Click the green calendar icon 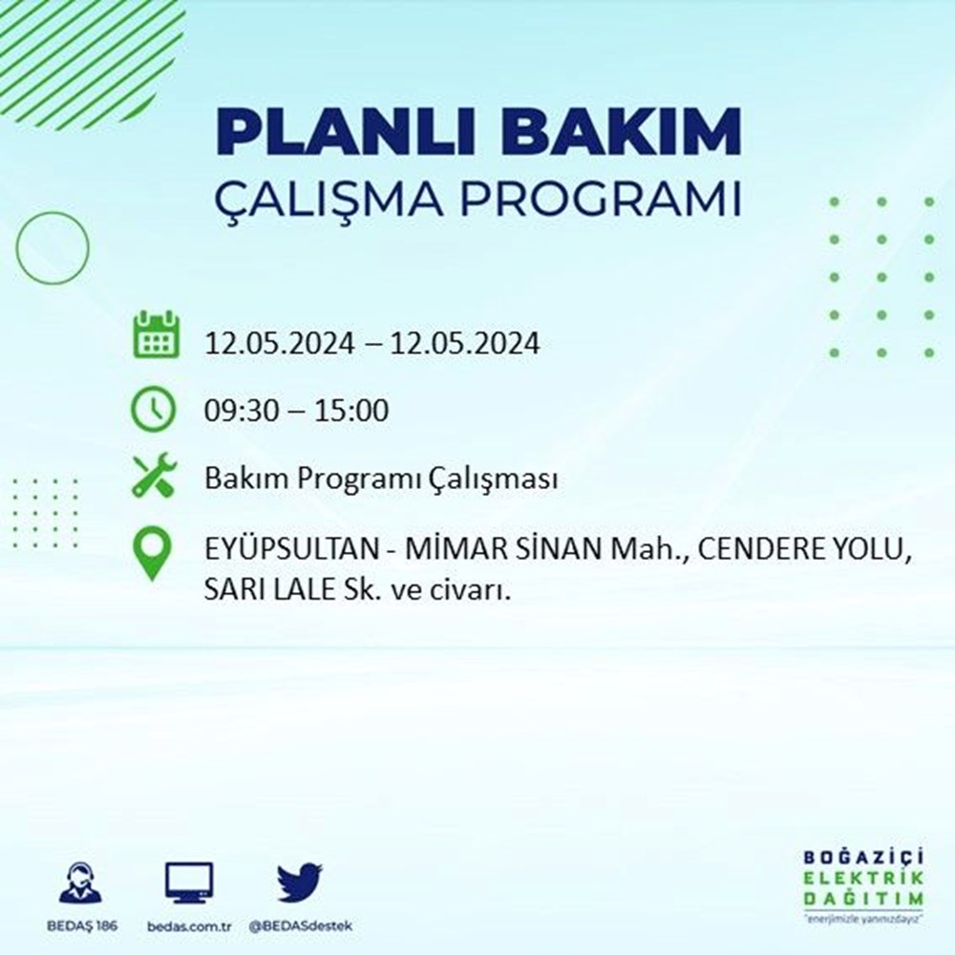pos(154,334)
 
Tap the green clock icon pos(154,410)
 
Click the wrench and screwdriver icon pos(154,477)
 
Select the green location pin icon pos(154,554)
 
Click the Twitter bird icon pos(300,883)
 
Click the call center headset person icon pos(80,883)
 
